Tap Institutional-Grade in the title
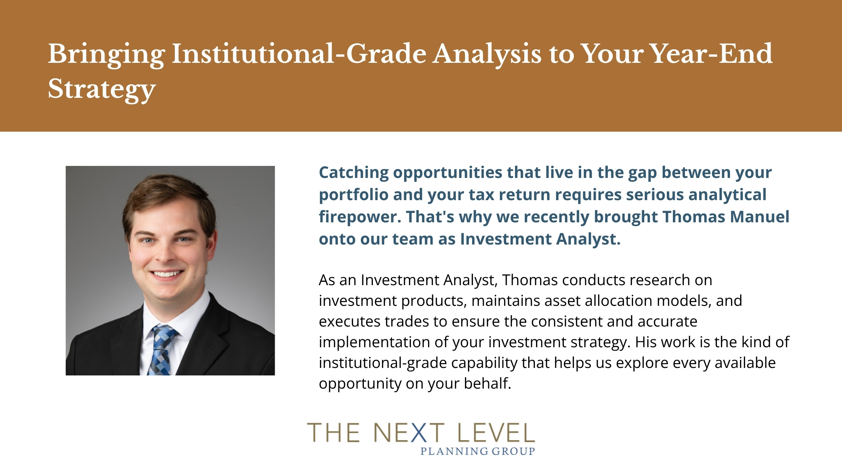299,53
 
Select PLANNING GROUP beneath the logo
477,451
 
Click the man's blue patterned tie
162,350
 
